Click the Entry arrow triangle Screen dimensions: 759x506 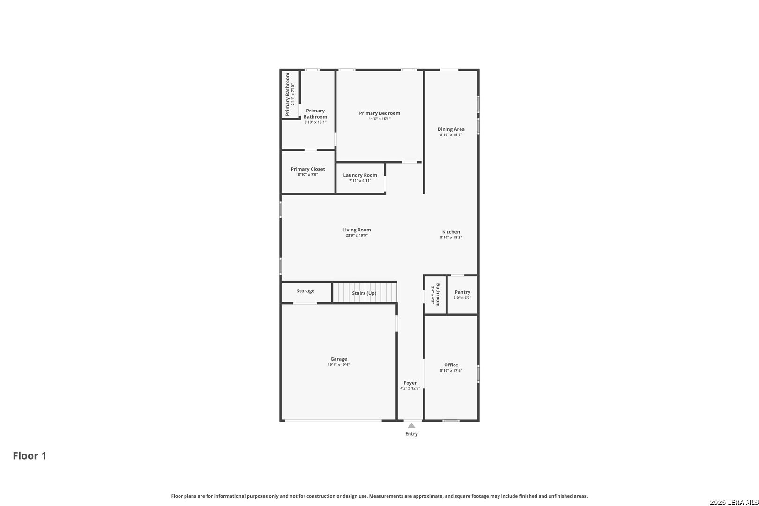pos(411,425)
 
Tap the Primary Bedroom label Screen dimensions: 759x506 pos(379,113)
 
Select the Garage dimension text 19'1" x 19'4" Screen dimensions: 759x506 pos(338,365)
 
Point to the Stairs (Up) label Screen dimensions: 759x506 pos(364,293)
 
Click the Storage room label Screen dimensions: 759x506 pos(305,291)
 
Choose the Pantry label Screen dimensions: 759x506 pos(462,292)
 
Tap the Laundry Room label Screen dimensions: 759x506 pos(360,175)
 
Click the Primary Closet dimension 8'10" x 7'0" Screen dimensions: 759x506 pos(308,175)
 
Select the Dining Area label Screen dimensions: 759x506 pos(451,129)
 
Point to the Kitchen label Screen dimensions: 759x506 pos(451,232)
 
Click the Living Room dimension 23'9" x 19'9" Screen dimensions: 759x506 pos(357,235)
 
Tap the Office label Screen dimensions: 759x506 pos(451,365)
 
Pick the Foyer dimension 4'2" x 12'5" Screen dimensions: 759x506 pos(410,388)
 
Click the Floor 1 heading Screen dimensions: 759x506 pos(30,456)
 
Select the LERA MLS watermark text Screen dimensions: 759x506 pos(734,502)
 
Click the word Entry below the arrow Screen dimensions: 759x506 pos(411,434)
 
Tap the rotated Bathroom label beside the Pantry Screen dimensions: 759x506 pos(438,295)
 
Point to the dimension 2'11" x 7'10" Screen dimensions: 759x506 pos(293,94)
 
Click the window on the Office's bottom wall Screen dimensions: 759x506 pos(451,421)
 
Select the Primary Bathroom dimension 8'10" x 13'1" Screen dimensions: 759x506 pos(315,122)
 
